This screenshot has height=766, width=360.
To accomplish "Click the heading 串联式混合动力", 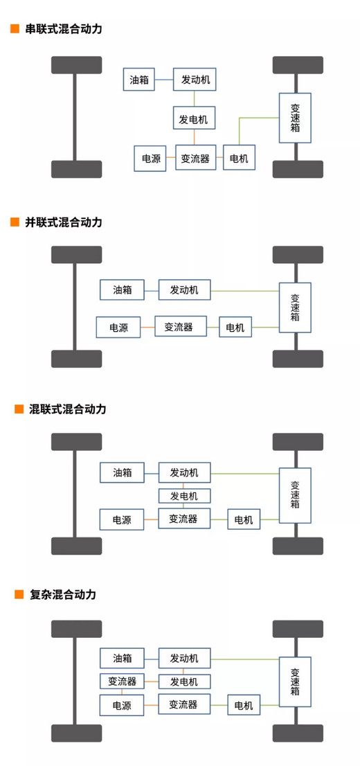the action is tap(64, 29).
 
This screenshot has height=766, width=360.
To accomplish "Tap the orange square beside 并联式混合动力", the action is tap(15, 222).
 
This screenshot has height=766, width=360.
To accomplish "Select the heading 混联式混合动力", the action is tap(68, 409).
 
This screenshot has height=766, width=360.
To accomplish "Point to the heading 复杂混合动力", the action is tap(62, 594).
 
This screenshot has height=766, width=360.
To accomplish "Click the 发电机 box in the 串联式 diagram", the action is tap(194, 118).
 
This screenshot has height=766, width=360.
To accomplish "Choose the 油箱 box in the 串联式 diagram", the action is tap(138, 79).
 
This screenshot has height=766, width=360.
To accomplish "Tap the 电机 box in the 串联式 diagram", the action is tap(239, 158).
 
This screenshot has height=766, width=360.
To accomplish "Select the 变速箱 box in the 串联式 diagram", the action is tap(295, 118).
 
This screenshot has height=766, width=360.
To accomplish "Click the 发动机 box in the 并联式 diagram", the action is tap(185, 290).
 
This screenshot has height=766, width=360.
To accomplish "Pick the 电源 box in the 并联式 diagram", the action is tap(118, 328).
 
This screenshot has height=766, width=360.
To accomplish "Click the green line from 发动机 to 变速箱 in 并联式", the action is tap(244, 291).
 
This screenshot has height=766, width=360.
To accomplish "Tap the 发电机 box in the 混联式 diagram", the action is tap(185, 496).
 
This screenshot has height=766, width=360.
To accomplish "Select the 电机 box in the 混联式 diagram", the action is tap(244, 519).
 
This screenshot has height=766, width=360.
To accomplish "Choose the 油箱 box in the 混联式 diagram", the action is tap(123, 472).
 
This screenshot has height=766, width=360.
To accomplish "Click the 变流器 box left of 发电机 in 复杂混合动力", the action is tap(123, 681).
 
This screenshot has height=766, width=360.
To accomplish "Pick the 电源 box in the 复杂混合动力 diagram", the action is tap(123, 705).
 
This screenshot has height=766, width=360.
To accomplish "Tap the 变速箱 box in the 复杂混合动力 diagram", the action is tap(295, 682).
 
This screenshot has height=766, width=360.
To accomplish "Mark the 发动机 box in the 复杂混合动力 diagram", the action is tap(185, 658).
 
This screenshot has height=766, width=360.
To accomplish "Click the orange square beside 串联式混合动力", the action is tap(15, 29).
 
